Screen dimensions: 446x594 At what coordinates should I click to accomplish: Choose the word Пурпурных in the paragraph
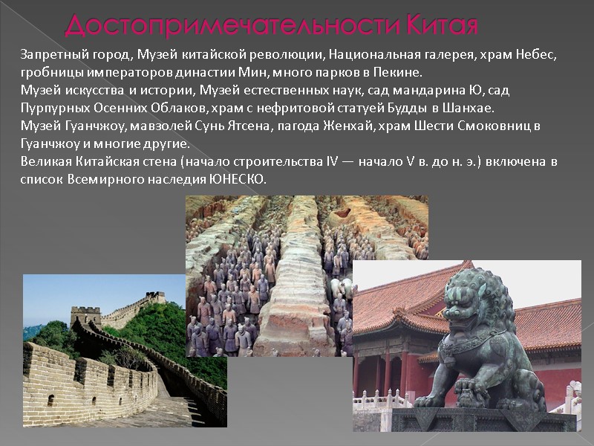click(48, 109)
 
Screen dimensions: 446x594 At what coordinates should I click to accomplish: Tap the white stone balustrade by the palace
click(379, 401)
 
